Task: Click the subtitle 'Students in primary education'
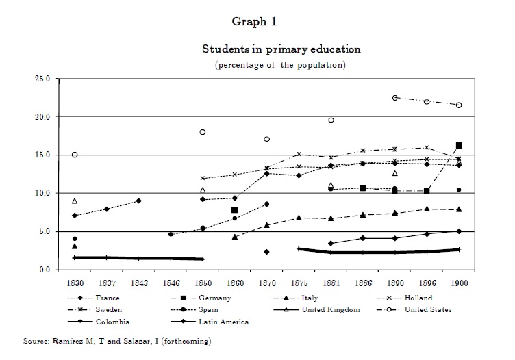281,49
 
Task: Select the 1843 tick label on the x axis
138,283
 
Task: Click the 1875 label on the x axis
298,283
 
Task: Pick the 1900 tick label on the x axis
458,283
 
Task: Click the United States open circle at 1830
75,155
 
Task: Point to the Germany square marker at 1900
459,145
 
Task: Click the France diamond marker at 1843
138,201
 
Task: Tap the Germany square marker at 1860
234,210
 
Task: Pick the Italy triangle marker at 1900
459,209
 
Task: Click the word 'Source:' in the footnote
36,340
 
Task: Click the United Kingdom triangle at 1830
75,201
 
